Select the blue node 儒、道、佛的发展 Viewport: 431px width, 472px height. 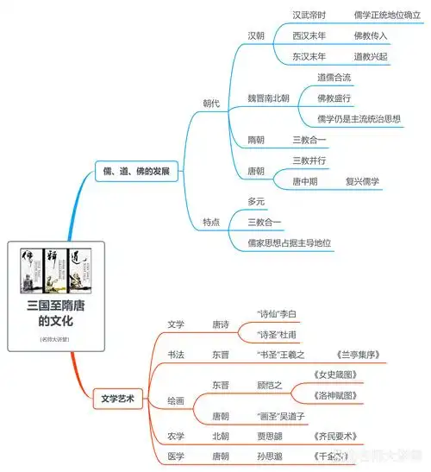click(x=136, y=172)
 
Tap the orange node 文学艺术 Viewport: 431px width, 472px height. click(x=118, y=400)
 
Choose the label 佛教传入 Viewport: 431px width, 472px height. click(x=371, y=35)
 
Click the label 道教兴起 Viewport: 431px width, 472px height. click(x=371, y=57)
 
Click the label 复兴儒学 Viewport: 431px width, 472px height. click(x=362, y=181)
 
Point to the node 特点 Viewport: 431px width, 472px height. click(x=211, y=222)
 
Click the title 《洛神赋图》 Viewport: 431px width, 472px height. click(x=355, y=394)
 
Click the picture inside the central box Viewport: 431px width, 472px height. click(x=56, y=273)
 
